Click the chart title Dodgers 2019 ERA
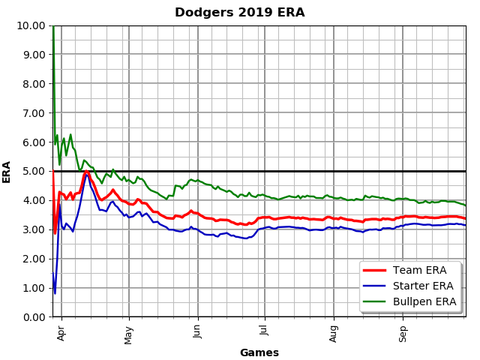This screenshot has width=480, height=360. click(x=240, y=13)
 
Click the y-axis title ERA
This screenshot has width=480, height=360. click(x=7, y=171)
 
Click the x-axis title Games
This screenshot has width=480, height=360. click(x=259, y=352)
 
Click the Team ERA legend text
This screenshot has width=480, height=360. click(x=425, y=271)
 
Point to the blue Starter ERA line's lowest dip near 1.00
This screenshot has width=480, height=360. click(x=55, y=292)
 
